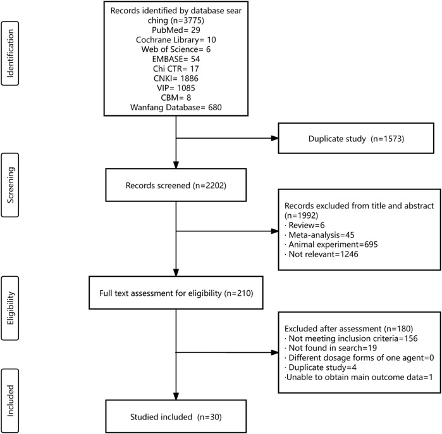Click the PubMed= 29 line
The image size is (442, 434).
(176, 30)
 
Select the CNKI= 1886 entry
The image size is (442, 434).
(176, 78)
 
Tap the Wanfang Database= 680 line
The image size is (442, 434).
(176, 107)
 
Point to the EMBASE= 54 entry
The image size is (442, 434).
(176, 59)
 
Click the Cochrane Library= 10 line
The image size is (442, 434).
(176, 39)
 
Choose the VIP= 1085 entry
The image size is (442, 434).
(176, 88)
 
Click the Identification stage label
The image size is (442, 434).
(10, 53)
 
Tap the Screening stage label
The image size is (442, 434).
(10, 185)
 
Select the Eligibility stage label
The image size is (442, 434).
(10, 308)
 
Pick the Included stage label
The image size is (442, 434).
(10, 400)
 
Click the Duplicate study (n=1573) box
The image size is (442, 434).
(356, 138)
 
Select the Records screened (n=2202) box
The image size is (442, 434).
(176, 185)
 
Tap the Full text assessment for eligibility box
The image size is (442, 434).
(176, 293)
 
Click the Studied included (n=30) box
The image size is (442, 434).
(176, 416)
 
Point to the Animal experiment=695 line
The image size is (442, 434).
(331, 245)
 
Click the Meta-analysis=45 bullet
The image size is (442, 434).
(319, 234)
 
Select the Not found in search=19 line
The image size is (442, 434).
(331, 348)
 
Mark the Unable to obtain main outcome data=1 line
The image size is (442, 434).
(359, 377)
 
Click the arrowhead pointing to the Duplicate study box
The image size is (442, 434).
(274, 138)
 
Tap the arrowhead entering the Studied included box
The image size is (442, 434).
(176, 396)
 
